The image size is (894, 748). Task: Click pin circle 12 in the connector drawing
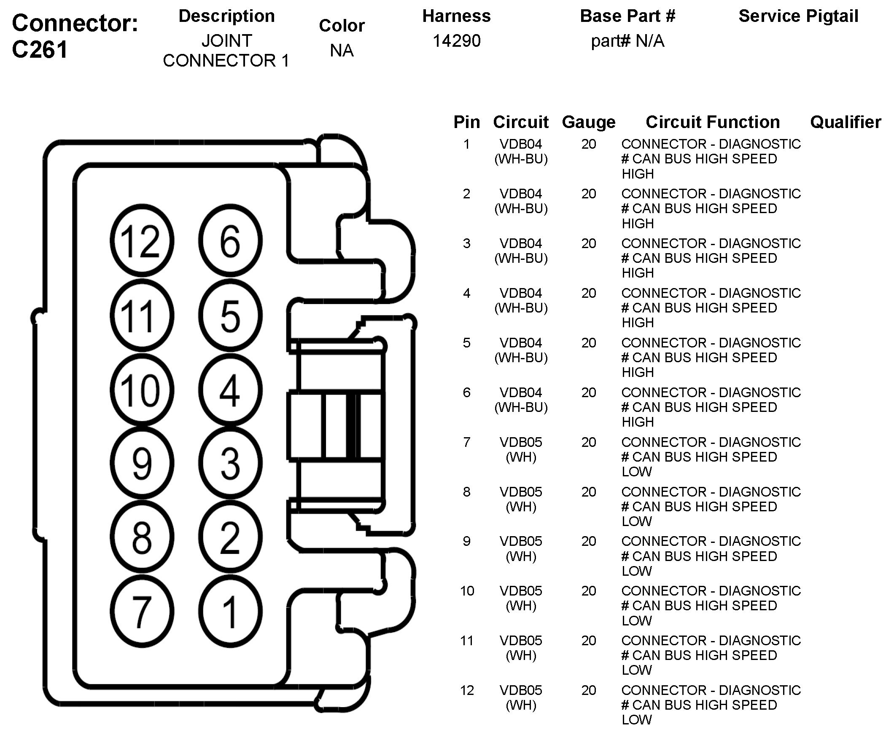[x=142, y=240]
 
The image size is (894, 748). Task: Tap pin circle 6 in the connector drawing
[x=230, y=240]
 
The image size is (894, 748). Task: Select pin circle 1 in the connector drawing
[x=230, y=612]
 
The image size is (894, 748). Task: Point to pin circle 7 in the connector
[x=142, y=612]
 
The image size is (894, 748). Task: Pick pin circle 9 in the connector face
[x=142, y=463]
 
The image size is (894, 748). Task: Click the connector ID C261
[x=40, y=50]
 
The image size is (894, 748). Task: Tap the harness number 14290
[x=456, y=41]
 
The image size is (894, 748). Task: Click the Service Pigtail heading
[x=798, y=16]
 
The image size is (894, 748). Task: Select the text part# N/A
[x=627, y=41]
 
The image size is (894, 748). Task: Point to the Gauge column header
[x=588, y=122]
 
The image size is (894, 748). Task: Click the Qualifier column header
[x=846, y=122]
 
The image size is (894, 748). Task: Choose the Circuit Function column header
[x=713, y=122]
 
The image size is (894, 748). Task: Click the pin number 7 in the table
[x=466, y=442]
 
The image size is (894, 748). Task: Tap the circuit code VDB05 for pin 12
[x=521, y=690]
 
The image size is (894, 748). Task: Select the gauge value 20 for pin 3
[x=589, y=243]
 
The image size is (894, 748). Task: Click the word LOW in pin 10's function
[x=636, y=620]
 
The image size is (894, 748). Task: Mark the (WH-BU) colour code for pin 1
[x=521, y=159]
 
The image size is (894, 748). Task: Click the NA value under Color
[x=342, y=51]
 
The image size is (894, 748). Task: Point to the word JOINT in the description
[x=226, y=41]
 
